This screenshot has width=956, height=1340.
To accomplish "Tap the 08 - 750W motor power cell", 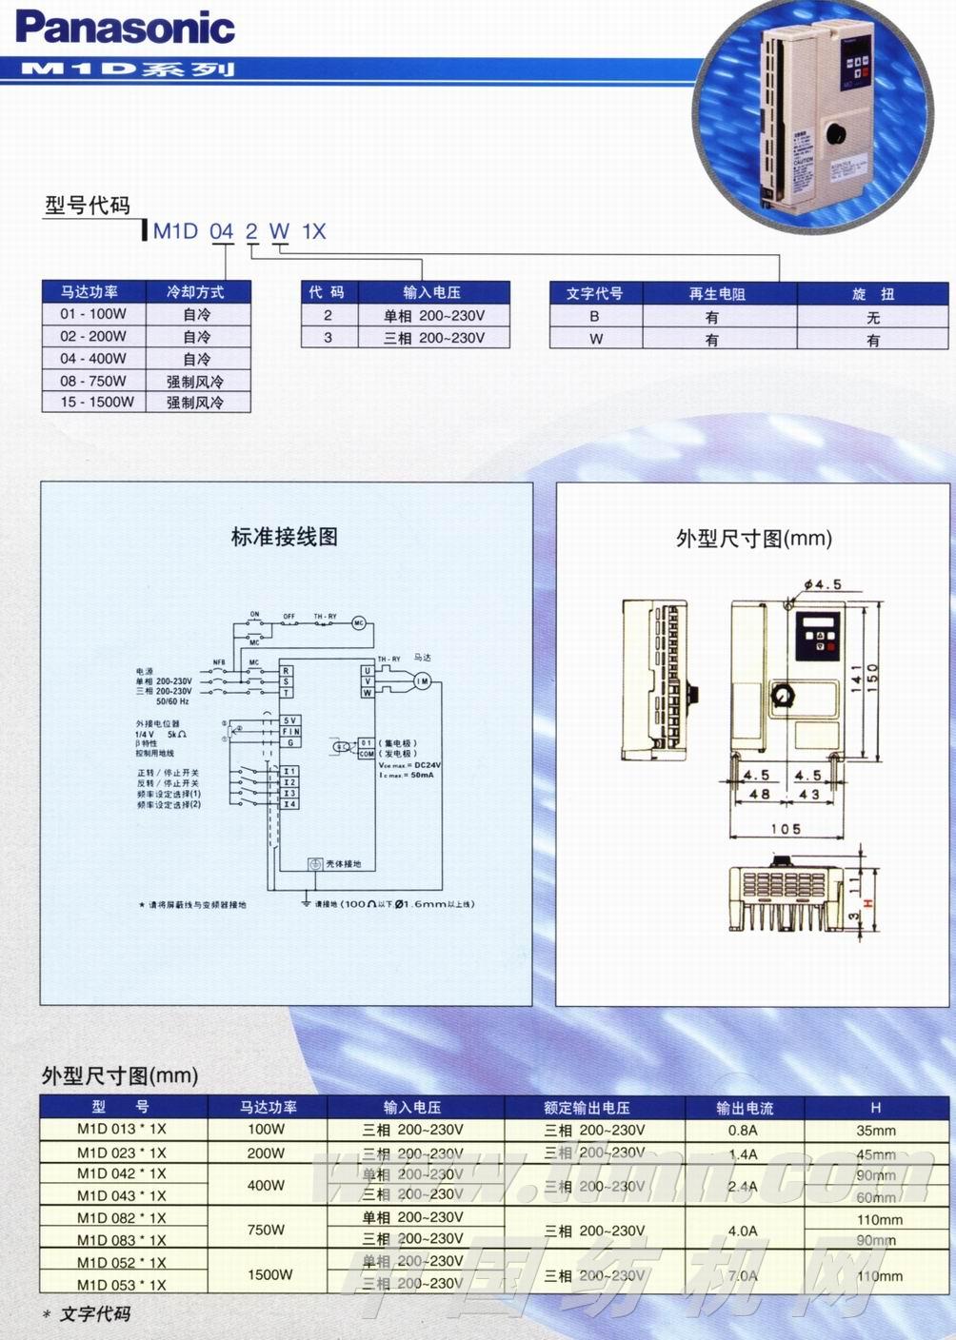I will tap(93, 381).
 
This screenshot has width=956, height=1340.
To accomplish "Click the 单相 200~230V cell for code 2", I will tap(434, 315).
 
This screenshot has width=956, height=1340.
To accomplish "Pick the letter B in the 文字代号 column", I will tap(595, 317).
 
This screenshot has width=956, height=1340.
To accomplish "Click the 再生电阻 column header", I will tap(717, 294).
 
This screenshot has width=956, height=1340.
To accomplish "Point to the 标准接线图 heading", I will tap(284, 537).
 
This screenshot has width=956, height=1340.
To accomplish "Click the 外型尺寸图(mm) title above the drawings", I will tap(753, 539).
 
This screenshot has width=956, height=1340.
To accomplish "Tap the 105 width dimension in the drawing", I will tap(786, 829).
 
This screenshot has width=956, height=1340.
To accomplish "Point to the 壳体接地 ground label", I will tap(344, 864).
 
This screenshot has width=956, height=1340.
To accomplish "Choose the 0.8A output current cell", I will tap(744, 1131).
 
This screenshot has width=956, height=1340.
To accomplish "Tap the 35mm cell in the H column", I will tap(876, 1131).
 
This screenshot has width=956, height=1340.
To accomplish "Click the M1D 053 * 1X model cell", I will tap(121, 1285).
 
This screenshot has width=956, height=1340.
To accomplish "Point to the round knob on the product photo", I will tap(837, 134).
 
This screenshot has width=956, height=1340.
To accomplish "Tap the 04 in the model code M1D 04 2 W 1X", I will tap(221, 231).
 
